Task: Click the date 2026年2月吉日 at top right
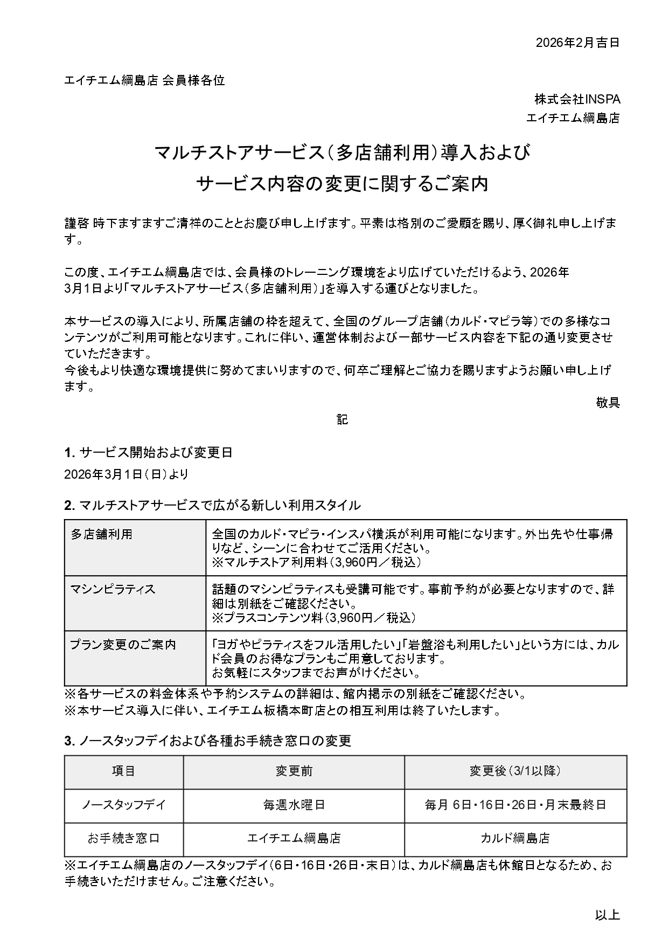pos(577,43)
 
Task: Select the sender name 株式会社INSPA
pos(577,99)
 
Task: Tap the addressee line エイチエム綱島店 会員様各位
pos(144,81)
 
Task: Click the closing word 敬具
pos(608,402)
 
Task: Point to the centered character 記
pos(343,419)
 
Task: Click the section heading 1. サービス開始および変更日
pos(148,452)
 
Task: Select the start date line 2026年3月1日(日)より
pos(126,474)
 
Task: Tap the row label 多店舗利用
pos(102,534)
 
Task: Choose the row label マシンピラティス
pos(113,589)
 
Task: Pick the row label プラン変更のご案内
pos(123,645)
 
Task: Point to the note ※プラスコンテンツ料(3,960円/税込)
pos(313,617)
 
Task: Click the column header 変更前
pos(294,771)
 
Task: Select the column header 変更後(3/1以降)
pos(515,771)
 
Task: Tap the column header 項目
pos(123,771)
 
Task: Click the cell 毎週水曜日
pos(294,805)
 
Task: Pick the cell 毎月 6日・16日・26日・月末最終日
pos(515,805)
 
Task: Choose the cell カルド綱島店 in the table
pos(515,838)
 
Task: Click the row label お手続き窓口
pos(123,838)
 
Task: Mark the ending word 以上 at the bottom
pos(608,915)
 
